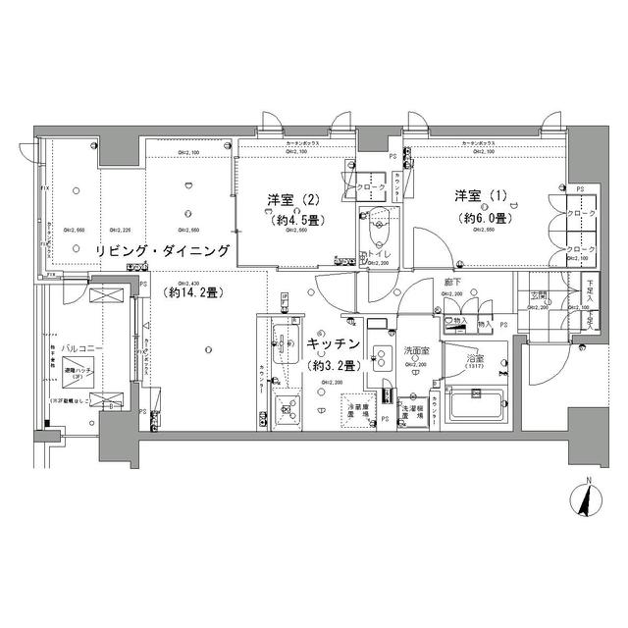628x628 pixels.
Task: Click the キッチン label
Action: coord(333,344)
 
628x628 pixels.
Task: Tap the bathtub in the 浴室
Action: coord(474,405)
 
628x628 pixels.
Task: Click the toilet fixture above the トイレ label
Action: coord(374,232)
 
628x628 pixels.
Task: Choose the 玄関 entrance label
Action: coord(540,295)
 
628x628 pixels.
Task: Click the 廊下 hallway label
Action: coord(452,283)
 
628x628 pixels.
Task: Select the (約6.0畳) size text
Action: coord(479,218)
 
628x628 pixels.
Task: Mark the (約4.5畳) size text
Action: coord(294,220)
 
